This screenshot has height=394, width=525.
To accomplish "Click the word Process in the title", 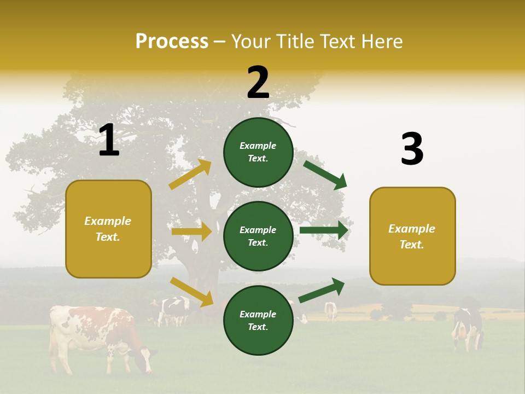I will [x=172, y=41].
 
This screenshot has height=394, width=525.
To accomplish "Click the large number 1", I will [x=109, y=141].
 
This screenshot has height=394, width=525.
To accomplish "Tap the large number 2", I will [x=258, y=83].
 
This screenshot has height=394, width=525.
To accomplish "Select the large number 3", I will [x=412, y=149].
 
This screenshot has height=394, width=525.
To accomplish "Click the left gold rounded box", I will [x=108, y=229].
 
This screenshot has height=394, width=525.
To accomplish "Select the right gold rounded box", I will [x=412, y=236].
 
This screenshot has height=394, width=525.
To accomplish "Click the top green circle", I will [x=258, y=152].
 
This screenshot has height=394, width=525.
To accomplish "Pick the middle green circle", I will [x=258, y=236].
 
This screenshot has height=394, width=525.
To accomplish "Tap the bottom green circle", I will [x=258, y=320].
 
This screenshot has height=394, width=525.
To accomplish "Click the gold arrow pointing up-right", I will [x=190, y=175].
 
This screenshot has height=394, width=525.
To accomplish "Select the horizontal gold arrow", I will [x=191, y=231].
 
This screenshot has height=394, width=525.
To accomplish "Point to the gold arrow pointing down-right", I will [x=191, y=292].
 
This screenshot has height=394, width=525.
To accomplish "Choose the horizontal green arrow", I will [x=324, y=230].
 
